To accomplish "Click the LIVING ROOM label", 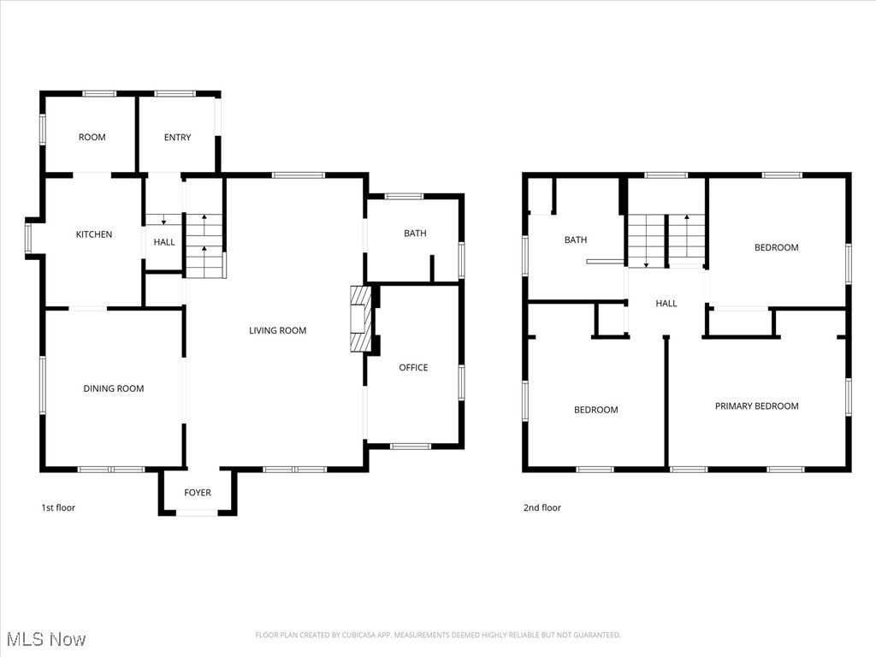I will (277, 331).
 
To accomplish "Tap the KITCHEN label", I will (94, 234).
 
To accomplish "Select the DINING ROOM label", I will (114, 388).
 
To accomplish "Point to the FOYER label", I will (198, 493).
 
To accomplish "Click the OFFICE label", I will (413, 368).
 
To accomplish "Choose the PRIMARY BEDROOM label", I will (756, 406).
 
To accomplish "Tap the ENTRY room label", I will (177, 138).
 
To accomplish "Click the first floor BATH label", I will (415, 234).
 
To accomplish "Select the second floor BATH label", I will (576, 240).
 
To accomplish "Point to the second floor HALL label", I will (666, 304).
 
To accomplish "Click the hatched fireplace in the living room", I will (361, 319).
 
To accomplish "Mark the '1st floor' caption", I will (58, 508).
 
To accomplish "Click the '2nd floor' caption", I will (542, 508).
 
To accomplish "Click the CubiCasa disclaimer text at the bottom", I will (438, 635).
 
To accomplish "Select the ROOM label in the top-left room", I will (92, 138).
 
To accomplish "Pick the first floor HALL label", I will (164, 242).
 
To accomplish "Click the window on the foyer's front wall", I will (198, 512).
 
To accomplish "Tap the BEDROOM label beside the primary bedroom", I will (595, 410).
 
